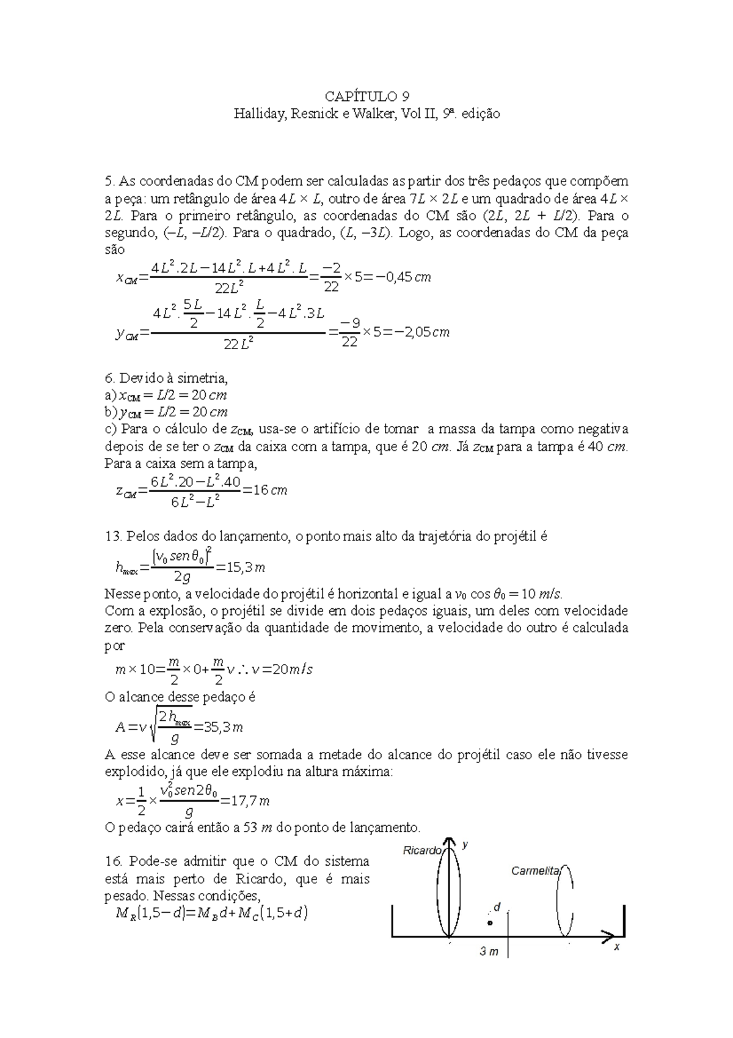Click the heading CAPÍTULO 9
click(366, 97)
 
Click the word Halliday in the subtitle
click(257, 114)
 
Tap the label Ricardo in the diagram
click(422, 850)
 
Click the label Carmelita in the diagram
click(534, 871)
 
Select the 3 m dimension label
click(489, 952)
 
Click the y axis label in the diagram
click(465, 845)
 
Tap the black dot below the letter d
click(489, 922)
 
